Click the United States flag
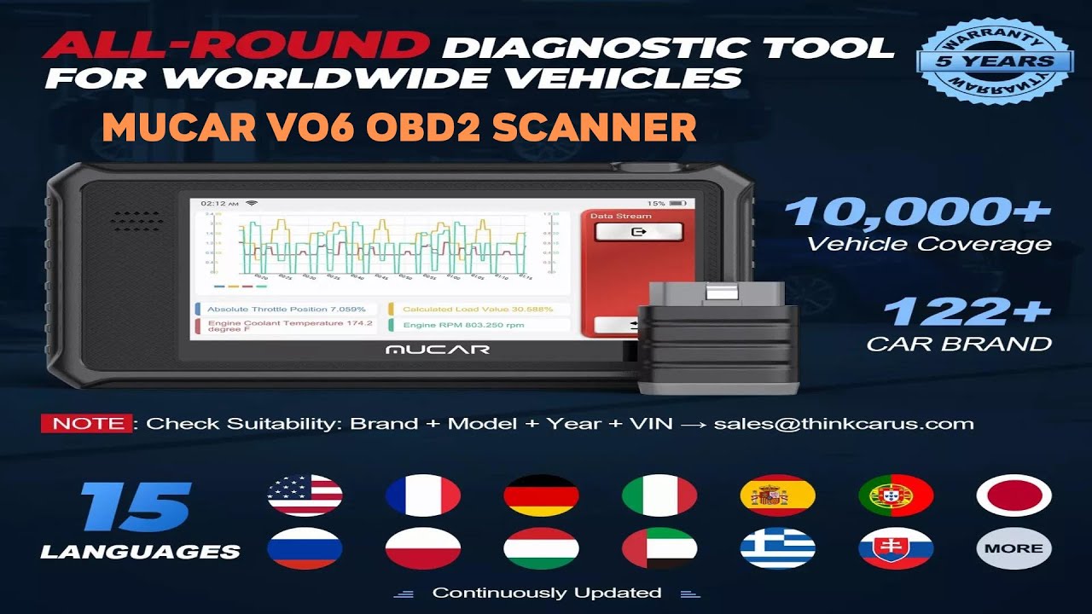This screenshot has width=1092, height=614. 305,495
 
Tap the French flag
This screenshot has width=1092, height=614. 422,495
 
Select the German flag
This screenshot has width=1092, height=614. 541,495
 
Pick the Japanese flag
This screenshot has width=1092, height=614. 1014,495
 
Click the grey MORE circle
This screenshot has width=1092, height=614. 1014,548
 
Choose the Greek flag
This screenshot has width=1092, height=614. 777,548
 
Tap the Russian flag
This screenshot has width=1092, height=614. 305,548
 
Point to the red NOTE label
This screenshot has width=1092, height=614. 86,424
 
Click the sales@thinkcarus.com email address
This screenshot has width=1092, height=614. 843,424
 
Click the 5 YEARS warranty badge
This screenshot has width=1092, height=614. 995,61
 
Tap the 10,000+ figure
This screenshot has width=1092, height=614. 917,211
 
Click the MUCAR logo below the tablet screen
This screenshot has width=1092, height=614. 437,350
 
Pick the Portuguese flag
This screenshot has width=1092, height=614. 896,495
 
